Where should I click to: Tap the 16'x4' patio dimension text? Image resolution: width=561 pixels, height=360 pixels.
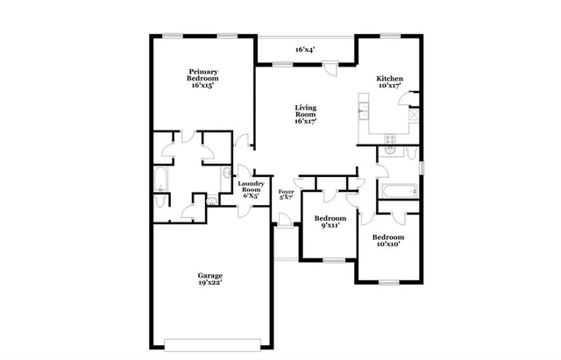click(304, 50)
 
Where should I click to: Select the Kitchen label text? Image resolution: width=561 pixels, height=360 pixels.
click(389, 81)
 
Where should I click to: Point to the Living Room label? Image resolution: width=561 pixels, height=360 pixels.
click(304, 114)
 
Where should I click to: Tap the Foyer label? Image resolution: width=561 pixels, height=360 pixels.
click(286, 194)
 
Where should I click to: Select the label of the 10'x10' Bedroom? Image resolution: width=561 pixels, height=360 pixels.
click(387, 241)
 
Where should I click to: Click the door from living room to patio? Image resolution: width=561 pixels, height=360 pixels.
click(329, 69)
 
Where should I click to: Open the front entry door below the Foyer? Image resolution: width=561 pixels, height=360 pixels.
click(282, 227)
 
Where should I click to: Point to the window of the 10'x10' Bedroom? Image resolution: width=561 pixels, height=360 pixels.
click(387, 281)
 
